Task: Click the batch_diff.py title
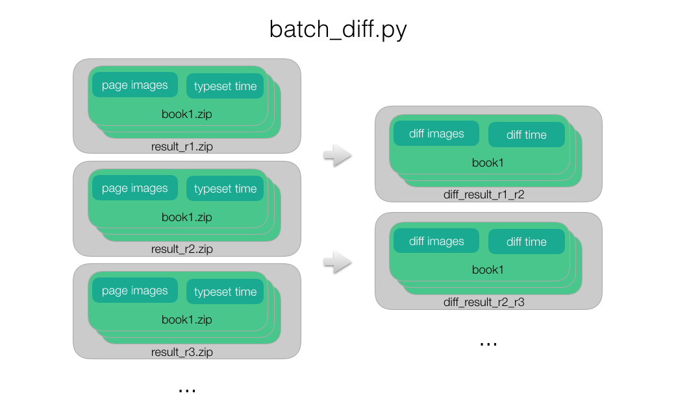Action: click(x=338, y=30)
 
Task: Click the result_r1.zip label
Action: click(x=182, y=147)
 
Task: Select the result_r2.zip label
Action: click(x=182, y=249)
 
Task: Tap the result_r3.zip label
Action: click(x=182, y=352)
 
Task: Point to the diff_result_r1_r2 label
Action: click(x=484, y=195)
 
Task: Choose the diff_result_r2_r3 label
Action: click(x=484, y=302)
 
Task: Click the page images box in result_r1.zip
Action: click(x=135, y=85)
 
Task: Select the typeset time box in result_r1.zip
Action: click(x=225, y=86)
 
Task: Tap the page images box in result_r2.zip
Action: click(x=135, y=187)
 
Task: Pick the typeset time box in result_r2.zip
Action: click(x=225, y=189)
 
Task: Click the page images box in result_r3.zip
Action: click(x=135, y=290)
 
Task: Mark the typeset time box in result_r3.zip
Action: click(x=225, y=291)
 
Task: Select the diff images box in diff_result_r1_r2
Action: click(x=436, y=134)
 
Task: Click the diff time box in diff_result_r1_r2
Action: click(x=527, y=135)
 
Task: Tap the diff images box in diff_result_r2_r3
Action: click(x=436, y=241)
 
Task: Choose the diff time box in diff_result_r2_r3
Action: click(x=527, y=242)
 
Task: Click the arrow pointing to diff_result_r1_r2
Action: click(x=338, y=155)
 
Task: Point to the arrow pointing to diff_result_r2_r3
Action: click(x=338, y=262)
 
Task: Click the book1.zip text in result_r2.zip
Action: click(x=186, y=217)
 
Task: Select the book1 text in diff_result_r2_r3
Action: click(x=488, y=270)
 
